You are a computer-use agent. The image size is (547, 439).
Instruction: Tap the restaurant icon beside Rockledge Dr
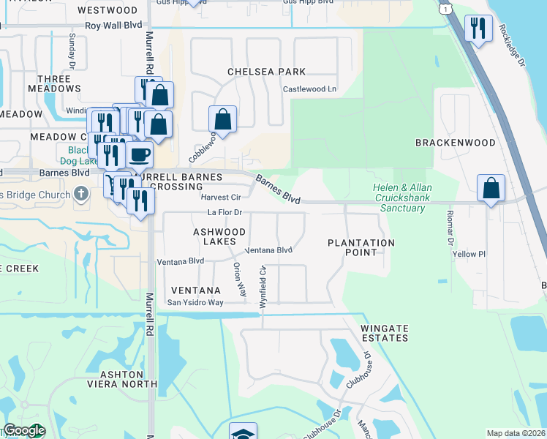(478, 29)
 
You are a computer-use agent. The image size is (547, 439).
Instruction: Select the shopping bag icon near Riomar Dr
(491, 187)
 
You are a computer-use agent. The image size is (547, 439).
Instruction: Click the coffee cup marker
(139, 154)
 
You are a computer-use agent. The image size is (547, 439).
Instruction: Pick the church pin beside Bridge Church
(81, 195)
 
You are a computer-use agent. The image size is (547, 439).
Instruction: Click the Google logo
(23, 431)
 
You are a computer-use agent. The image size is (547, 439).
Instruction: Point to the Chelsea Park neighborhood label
(266, 72)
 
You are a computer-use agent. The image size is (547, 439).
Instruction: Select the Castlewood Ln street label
(309, 89)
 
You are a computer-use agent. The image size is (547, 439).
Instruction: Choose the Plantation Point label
(361, 247)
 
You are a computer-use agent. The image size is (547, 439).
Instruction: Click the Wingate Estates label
(384, 333)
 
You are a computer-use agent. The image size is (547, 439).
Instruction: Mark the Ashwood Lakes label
(214, 236)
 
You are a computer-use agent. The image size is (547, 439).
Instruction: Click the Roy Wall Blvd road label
(113, 25)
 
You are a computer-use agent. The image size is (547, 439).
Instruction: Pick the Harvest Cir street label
(221, 198)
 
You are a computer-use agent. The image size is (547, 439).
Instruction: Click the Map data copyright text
(516, 433)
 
